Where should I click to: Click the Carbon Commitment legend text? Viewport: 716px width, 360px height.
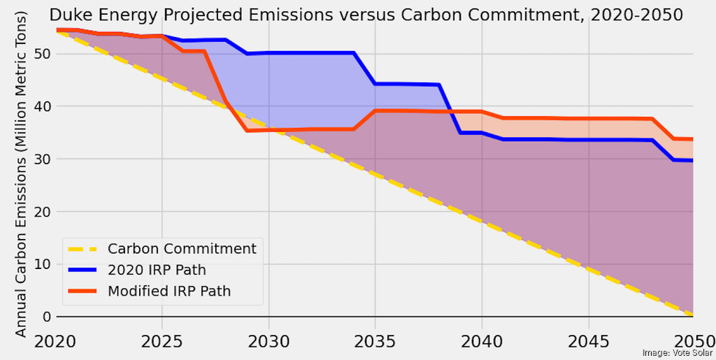[x=182, y=248]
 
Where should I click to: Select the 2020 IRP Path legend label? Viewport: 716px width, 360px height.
[x=157, y=270]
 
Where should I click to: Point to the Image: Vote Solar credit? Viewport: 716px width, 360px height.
[x=676, y=353]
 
